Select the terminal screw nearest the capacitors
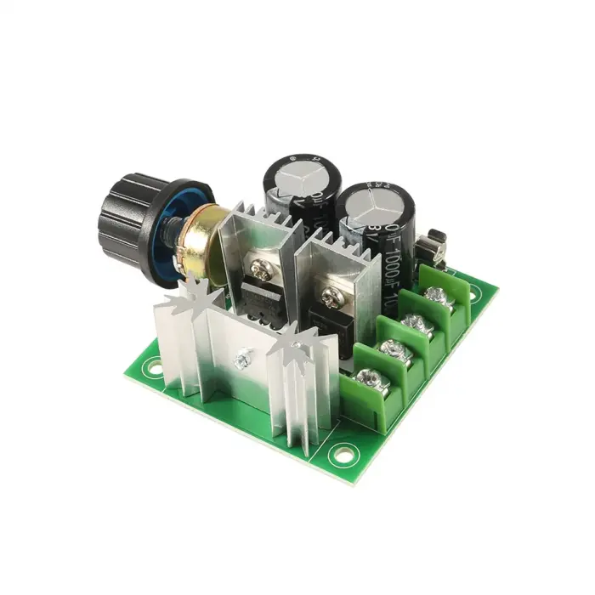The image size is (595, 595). point(439,296)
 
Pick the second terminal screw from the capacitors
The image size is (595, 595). point(416,323)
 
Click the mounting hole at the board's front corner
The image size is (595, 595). point(343,453)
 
